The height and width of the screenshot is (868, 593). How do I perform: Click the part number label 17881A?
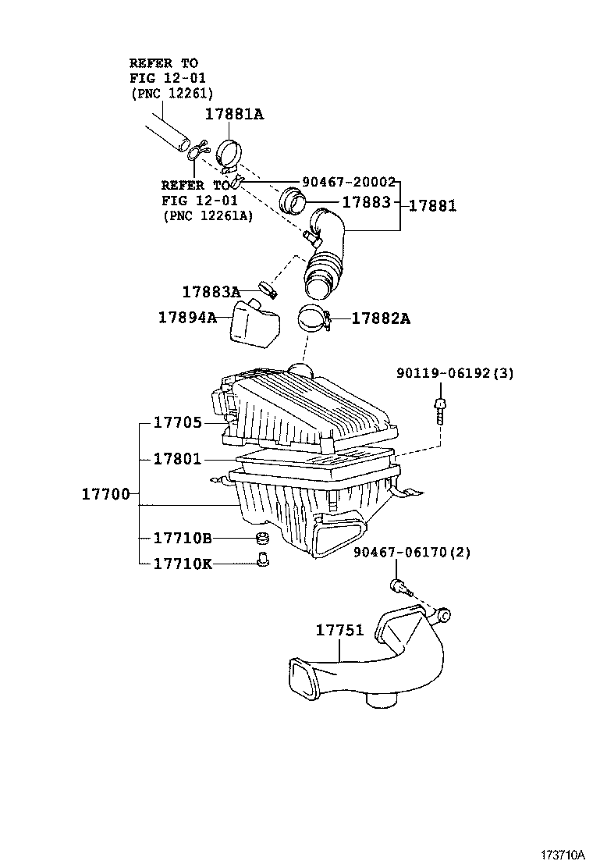pos(234,114)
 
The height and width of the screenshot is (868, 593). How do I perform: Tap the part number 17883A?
pos(211,292)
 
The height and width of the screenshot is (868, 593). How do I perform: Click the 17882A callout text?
pos(380,318)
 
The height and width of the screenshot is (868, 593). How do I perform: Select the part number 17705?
pos(177,422)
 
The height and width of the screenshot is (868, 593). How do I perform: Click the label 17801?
pos(177,459)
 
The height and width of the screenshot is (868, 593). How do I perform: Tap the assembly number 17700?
pos(106,494)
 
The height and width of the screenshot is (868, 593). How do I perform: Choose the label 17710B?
pos(183,538)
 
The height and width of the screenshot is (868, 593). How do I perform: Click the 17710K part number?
pos(183,563)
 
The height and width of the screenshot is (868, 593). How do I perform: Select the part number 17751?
pos(339,630)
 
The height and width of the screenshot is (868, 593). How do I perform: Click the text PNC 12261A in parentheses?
pos(208,215)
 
